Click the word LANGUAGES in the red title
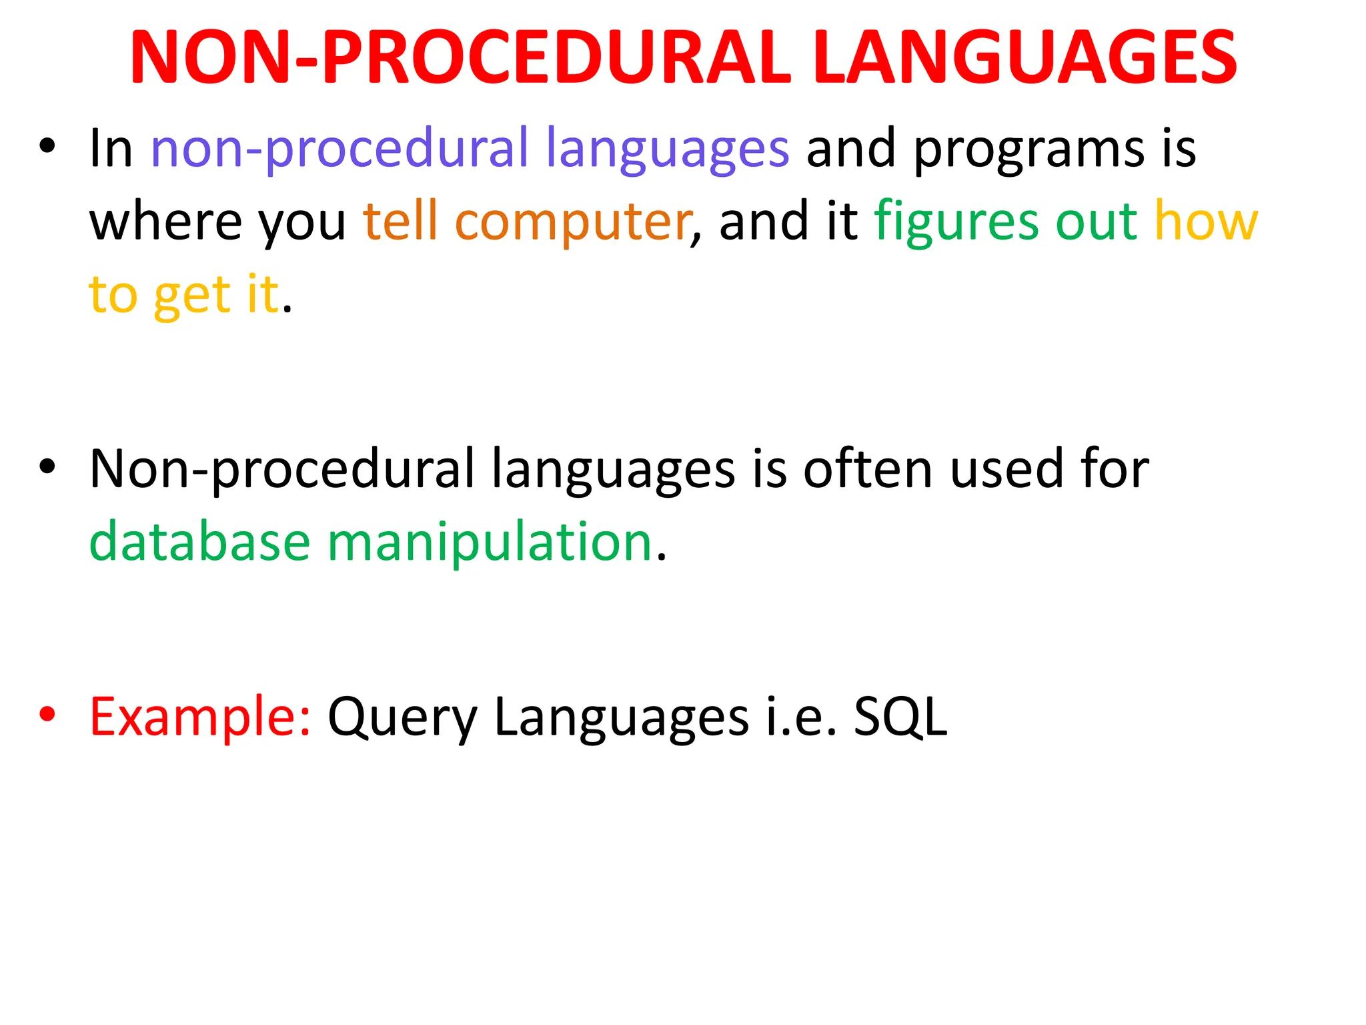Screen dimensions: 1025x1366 [1025, 58]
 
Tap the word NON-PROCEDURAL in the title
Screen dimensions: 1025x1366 [460, 58]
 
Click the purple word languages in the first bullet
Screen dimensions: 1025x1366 [668, 149]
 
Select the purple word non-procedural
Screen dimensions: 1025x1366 [339, 149]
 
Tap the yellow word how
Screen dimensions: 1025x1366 [1206, 222]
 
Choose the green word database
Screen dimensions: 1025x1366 [200, 542]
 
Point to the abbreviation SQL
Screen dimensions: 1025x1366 [900, 717]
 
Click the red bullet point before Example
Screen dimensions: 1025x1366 [47, 715]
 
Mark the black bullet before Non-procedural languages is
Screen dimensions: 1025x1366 [47, 467]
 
